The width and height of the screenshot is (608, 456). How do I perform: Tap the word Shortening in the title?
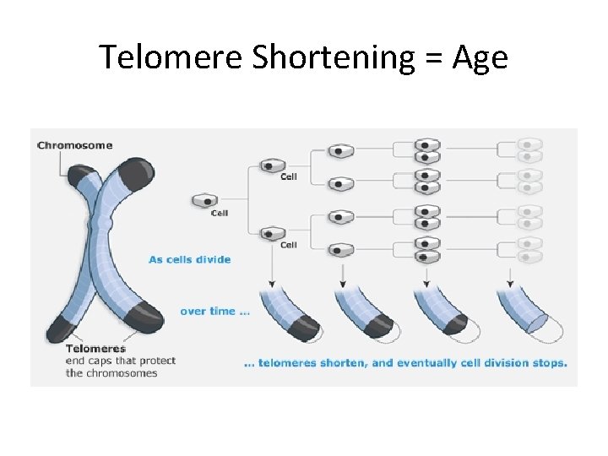tap(321, 57)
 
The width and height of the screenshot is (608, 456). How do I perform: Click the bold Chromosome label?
tap(74, 145)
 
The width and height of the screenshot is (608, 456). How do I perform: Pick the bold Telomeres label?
tap(95, 348)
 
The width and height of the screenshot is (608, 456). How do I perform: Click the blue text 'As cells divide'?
tap(189, 259)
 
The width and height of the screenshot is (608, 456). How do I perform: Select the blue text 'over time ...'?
tap(214, 311)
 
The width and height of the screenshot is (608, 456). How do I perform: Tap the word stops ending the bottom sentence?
tap(550, 364)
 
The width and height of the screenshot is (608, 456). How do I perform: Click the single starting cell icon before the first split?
tap(205, 201)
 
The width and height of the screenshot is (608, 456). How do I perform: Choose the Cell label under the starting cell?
tap(220, 213)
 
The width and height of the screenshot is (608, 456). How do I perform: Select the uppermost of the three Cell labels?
tap(289, 176)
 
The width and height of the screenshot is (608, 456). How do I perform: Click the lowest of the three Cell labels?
tap(289, 245)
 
